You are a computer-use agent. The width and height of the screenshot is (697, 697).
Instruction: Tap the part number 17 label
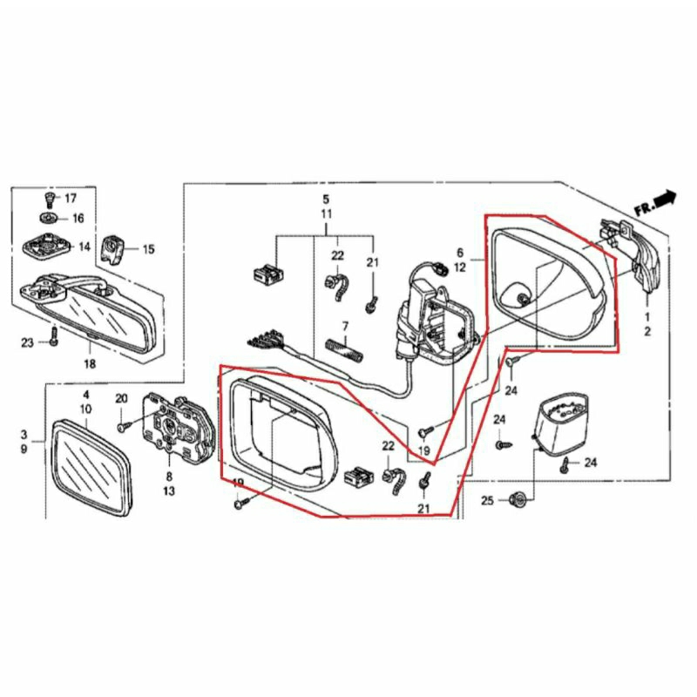coord(70,199)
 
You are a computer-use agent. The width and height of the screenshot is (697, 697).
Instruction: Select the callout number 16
coord(78,218)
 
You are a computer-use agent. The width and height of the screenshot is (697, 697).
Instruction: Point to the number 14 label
coord(84,247)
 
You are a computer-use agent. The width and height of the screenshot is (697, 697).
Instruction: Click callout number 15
coord(148,249)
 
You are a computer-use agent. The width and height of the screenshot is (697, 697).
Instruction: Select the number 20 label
coord(122,398)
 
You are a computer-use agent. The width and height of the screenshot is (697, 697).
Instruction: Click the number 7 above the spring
coord(345,326)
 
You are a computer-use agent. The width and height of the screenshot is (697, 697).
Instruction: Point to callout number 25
coord(486,501)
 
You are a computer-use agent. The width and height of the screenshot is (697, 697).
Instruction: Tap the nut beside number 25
coord(518,500)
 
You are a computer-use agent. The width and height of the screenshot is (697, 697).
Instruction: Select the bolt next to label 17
coord(49,200)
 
